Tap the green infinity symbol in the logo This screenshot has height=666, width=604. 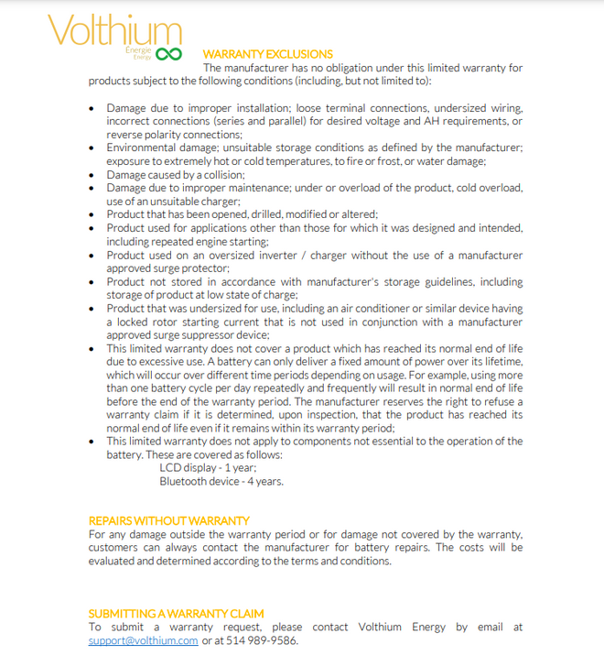169,54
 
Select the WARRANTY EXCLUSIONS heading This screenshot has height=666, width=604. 267,54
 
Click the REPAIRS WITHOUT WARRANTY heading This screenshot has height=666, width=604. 168,520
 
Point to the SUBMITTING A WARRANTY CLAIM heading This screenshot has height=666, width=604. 176,613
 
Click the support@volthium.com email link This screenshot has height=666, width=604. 143,640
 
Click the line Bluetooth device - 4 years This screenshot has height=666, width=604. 221,481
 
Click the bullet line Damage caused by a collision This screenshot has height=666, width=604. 176,174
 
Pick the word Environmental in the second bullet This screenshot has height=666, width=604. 142,147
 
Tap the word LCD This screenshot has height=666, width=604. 170,467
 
